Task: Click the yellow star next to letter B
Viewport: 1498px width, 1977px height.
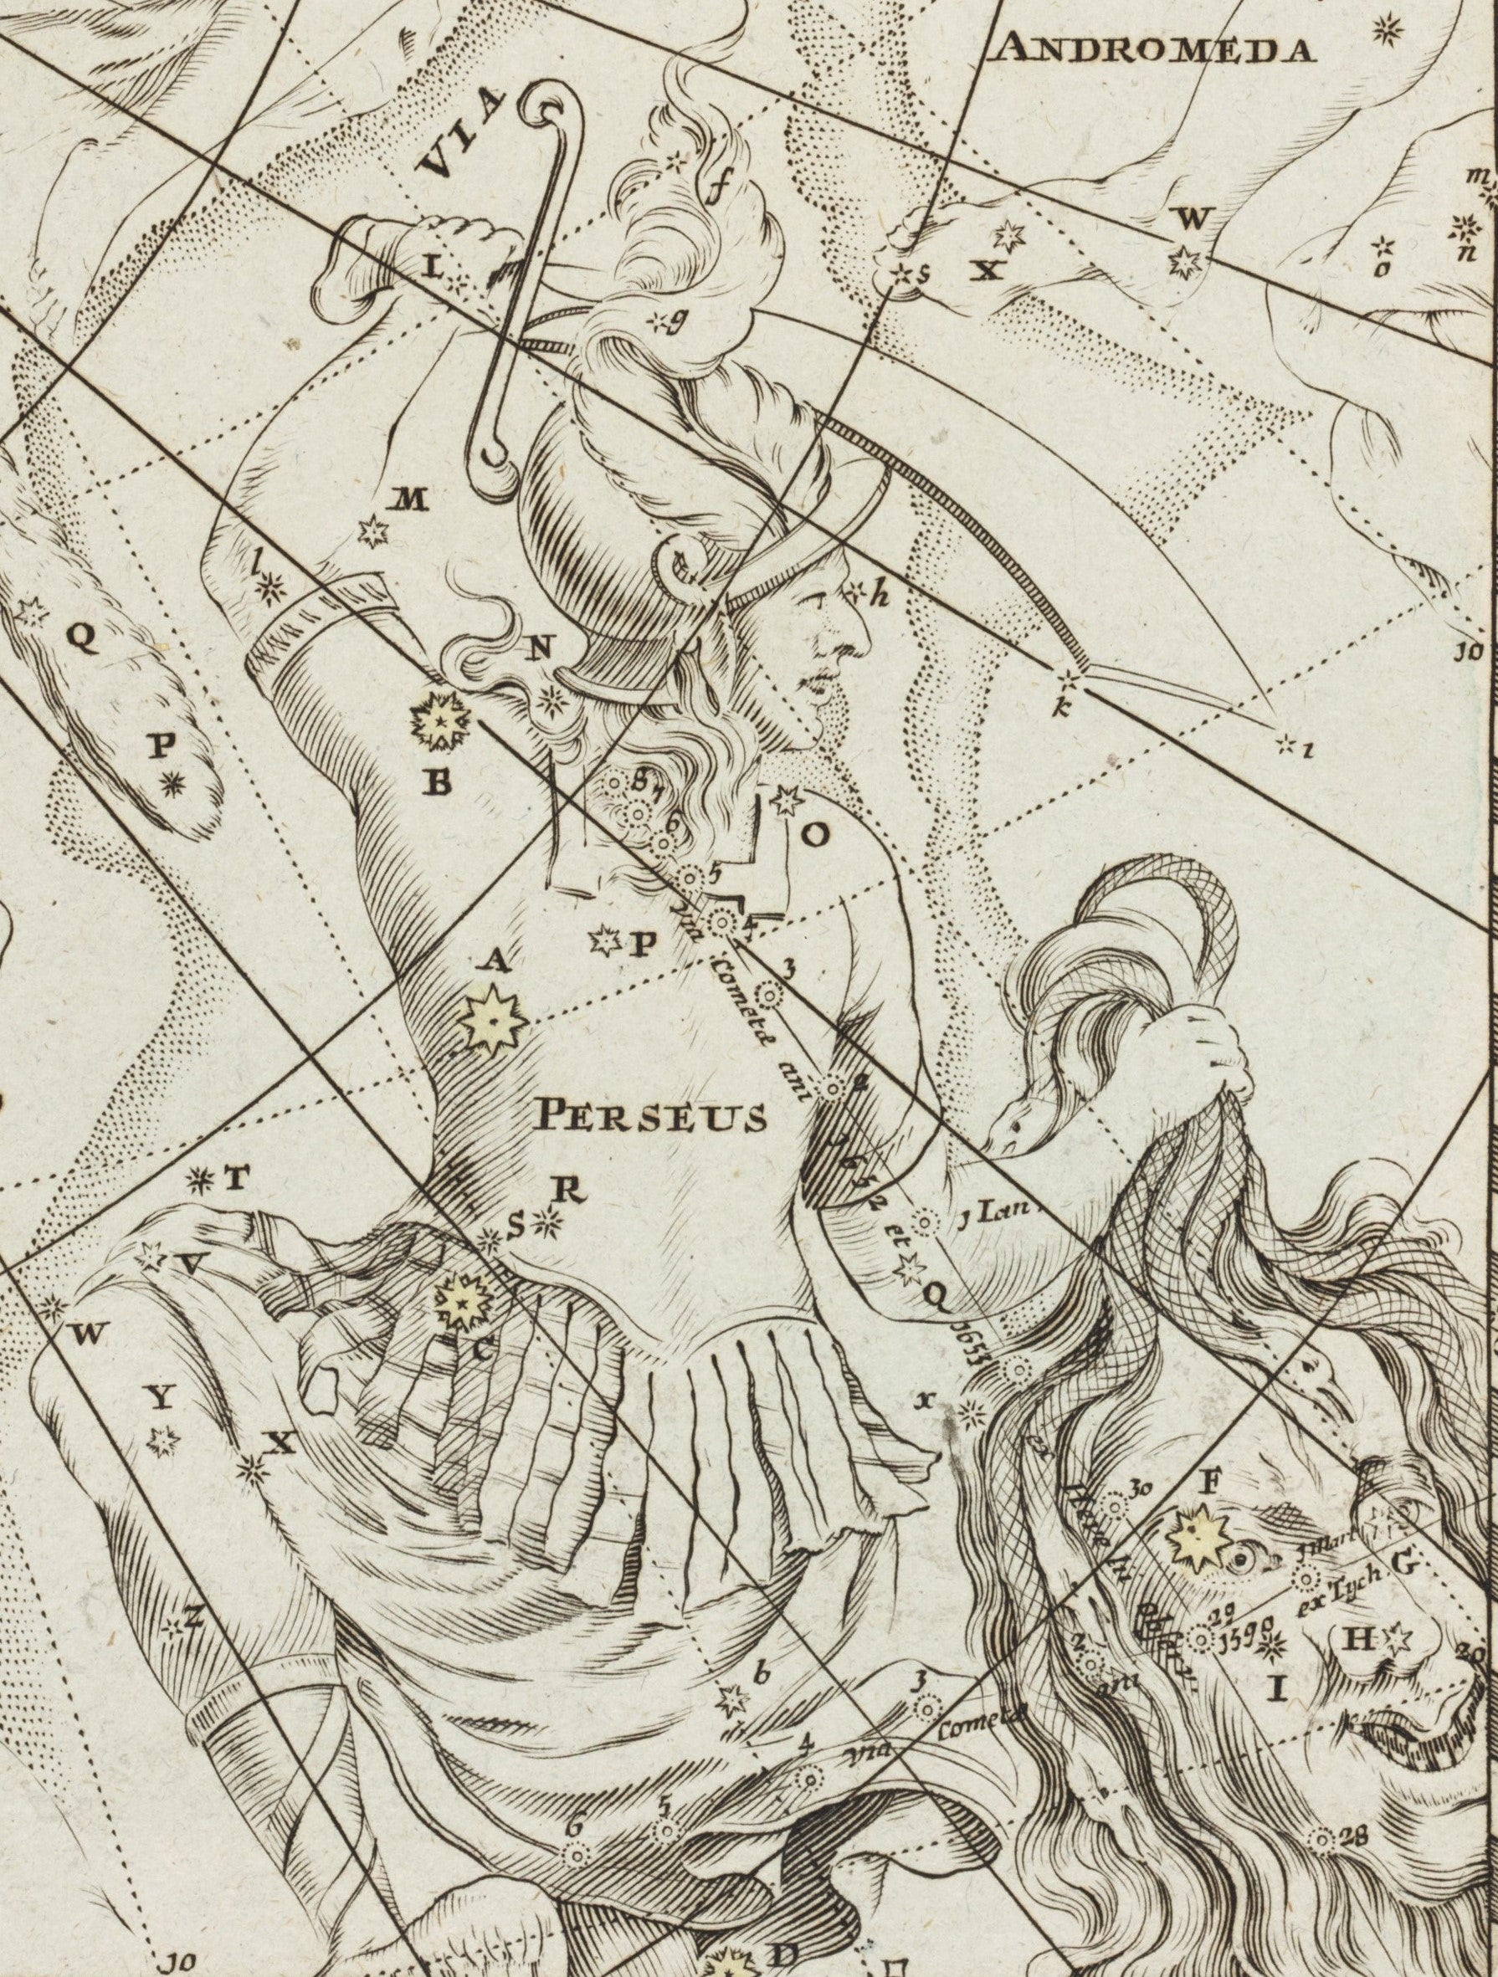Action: (439, 720)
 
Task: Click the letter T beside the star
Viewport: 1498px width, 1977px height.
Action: (233, 1181)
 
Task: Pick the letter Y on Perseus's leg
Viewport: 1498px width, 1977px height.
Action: (159, 1401)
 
